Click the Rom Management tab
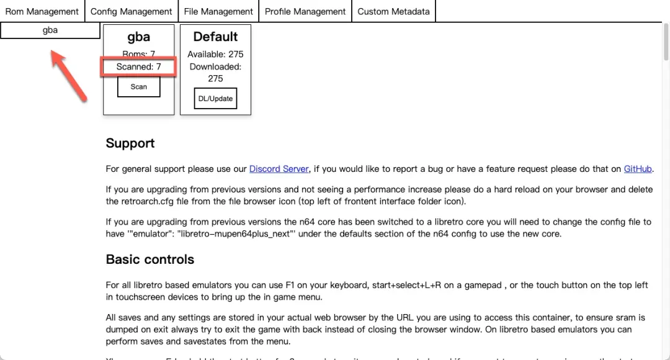42,11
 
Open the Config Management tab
131,11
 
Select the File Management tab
218,11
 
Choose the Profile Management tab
305,11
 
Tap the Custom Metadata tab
393,11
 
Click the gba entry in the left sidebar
50,30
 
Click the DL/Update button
215,99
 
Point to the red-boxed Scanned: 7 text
139,66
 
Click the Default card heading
215,37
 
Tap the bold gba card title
138,37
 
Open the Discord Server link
279,169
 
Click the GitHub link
638,169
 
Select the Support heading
130,143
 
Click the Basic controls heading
150,259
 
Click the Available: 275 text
215,55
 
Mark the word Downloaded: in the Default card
215,66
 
